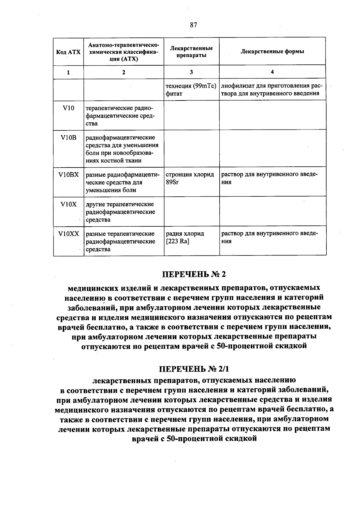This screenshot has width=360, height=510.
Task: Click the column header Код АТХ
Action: click(68, 52)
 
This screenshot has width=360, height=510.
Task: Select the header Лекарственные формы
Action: click(272, 51)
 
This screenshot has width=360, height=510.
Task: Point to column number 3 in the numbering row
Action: click(191, 72)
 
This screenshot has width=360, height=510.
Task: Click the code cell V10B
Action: click(68, 138)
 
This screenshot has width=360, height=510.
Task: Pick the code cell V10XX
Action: click(68, 234)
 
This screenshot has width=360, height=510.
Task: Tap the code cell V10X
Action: click(68, 204)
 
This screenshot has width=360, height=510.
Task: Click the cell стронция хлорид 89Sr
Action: click(190, 178)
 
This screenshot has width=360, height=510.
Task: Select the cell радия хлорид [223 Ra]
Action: click(185, 237)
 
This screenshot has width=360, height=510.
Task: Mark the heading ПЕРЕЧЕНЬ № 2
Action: click(193, 274)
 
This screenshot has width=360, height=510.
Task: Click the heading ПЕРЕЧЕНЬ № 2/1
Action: click(193, 368)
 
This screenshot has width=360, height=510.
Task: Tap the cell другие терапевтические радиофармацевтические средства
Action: click(120, 212)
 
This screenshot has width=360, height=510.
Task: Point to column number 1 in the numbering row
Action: click(68, 72)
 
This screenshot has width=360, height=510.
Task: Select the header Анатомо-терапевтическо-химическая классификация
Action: click(124, 52)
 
